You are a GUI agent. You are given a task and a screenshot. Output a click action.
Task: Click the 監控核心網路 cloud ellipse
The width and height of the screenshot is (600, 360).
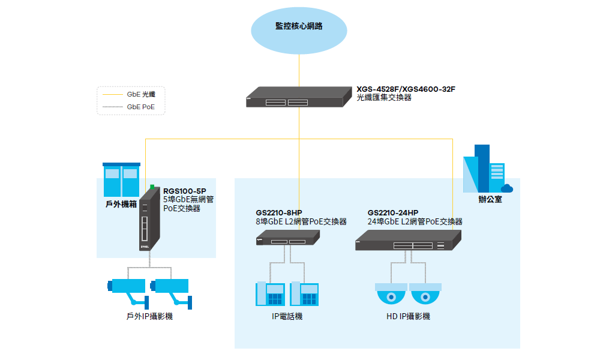(299, 27)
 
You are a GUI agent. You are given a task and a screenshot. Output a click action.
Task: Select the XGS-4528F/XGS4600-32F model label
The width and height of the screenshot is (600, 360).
(406, 89)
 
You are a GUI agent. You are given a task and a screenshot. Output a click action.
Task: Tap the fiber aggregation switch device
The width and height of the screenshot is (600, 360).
(298, 97)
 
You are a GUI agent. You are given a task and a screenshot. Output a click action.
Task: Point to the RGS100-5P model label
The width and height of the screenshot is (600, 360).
(184, 191)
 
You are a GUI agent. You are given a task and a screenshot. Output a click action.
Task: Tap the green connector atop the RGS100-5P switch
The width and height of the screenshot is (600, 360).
(153, 187)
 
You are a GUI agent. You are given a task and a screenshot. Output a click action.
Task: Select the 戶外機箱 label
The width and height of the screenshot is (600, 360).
(121, 204)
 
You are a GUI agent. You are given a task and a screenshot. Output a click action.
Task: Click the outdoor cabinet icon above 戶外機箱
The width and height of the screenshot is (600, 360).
(122, 180)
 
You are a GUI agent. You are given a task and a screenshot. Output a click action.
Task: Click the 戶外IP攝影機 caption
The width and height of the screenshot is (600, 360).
(146, 316)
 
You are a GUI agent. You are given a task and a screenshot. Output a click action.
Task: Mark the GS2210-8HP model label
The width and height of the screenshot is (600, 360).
(278, 213)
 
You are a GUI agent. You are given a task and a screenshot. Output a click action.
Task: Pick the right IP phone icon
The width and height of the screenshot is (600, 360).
(304, 295)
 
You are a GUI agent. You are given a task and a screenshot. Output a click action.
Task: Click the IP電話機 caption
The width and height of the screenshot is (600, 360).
(287, 316)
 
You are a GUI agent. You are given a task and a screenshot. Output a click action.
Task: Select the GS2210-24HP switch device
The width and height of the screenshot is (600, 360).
(408, 240)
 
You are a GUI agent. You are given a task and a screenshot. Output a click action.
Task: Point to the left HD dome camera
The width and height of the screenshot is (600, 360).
(391, 295)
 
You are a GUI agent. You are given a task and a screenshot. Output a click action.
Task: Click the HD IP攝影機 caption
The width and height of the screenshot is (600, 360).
(408, 316)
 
